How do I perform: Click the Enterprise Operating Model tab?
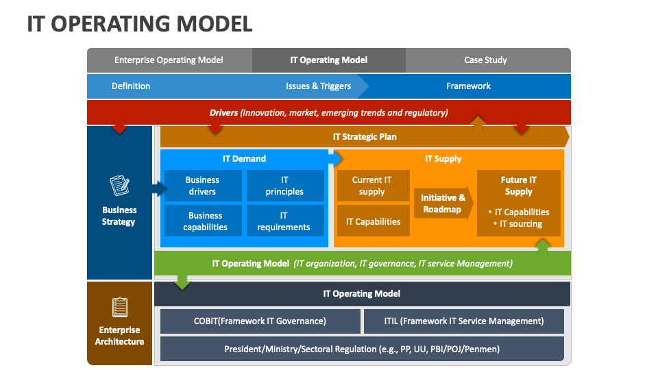click(169, 60)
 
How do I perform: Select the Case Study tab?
click(485, 60)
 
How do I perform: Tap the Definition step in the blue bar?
click(131, 86)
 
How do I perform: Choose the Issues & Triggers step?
click(318, 86)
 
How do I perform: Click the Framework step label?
click(468, 86)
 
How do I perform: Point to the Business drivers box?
click(203, 186)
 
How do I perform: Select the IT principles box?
click(284, 186)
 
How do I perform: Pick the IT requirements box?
click(284, 221)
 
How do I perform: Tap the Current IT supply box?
click(372, 186)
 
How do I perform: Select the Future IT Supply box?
click(519, 202)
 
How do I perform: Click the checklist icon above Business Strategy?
click(119, 186)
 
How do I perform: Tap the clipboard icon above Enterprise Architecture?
click(119, 306)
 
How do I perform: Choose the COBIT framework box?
click(260, 321)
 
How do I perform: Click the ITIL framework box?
click(463, 321)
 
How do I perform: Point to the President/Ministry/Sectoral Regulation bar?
click(362, 349)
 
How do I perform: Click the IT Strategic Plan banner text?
click(365, 136)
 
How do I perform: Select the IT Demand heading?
click(244, 158)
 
